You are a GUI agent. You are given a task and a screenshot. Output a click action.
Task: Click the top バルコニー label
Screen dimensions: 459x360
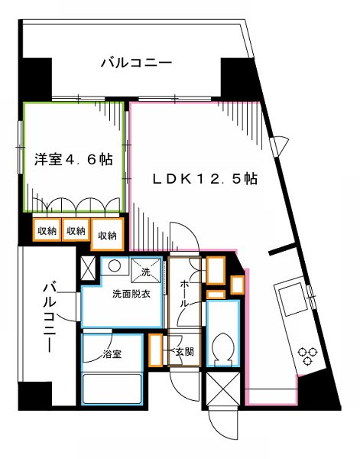(136, 63)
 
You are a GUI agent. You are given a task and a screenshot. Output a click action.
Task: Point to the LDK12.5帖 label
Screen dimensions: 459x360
(203, 179)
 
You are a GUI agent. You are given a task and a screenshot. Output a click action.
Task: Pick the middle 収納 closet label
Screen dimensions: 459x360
(75, 230)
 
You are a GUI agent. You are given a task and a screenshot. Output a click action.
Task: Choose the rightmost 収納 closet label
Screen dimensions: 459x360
(107, 236)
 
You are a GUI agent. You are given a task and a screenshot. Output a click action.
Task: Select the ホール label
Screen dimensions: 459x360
(186, 294)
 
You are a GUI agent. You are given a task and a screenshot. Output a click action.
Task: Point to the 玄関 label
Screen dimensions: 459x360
(183, 352)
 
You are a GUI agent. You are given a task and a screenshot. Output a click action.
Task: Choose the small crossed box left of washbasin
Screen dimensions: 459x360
(88, 269)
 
